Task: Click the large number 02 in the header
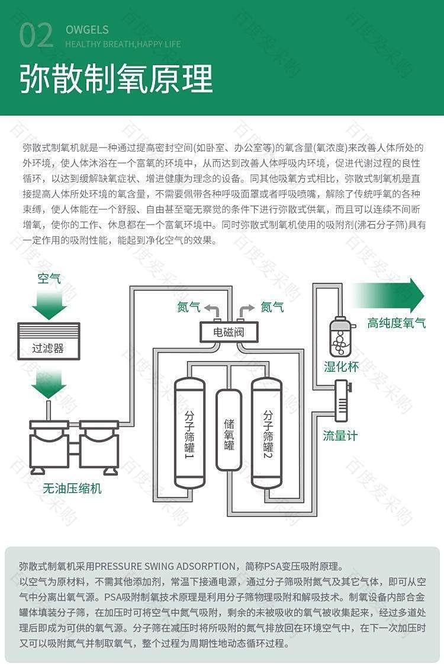click(36, 36)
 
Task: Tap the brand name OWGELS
click(87, 30)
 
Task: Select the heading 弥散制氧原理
click(116, 79)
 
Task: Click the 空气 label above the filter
click(49, 279)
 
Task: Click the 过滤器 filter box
click(49, 341)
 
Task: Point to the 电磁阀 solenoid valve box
click(229, 333)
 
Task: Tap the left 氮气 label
click(188, 307)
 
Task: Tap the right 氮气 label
click(272, 307)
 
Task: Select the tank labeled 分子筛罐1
click(189, 433)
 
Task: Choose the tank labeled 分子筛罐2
click(267, 433)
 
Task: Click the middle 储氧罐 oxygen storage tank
click(229, 430)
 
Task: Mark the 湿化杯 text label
click(341, 366)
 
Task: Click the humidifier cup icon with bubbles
click(341, 337)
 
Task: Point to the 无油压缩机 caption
click(72, 488)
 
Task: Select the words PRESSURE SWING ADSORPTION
click(165, 566)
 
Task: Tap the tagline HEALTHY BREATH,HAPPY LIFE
click(123, 44)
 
